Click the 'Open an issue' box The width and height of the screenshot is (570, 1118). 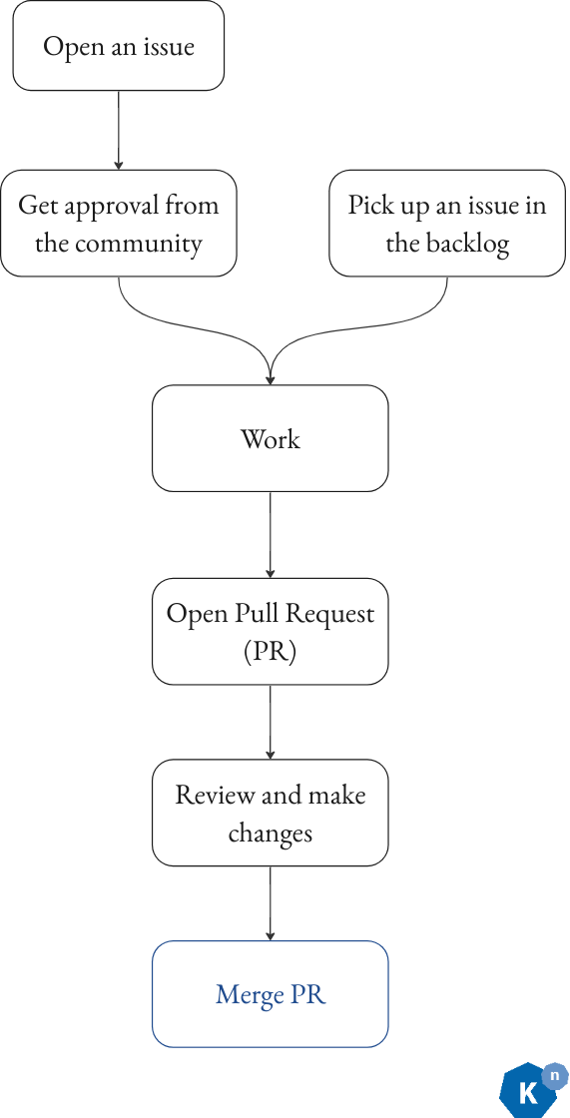coord(118,46)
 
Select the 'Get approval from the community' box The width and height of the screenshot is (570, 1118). coord(118,224)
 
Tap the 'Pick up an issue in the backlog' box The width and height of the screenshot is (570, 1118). coord(447,224)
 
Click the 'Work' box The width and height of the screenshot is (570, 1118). coord(270,438)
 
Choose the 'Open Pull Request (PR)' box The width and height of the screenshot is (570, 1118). coord(270,631)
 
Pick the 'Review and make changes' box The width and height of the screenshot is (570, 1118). coord(270,813)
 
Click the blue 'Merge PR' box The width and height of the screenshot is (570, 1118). coord(270,994)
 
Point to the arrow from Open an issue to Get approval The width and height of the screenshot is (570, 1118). coord(119,130)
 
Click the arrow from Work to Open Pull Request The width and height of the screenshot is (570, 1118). coord(271,534)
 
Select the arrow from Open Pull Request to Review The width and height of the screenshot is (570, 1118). coord(271,722)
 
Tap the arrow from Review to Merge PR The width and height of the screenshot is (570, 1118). coord(271,902)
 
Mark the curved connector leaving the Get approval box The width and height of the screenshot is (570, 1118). coord(160,319)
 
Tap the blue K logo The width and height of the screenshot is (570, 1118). coord(525,1092)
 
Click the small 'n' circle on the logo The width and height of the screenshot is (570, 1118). coord(554,1076)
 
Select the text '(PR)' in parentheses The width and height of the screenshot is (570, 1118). coord(270,651)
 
